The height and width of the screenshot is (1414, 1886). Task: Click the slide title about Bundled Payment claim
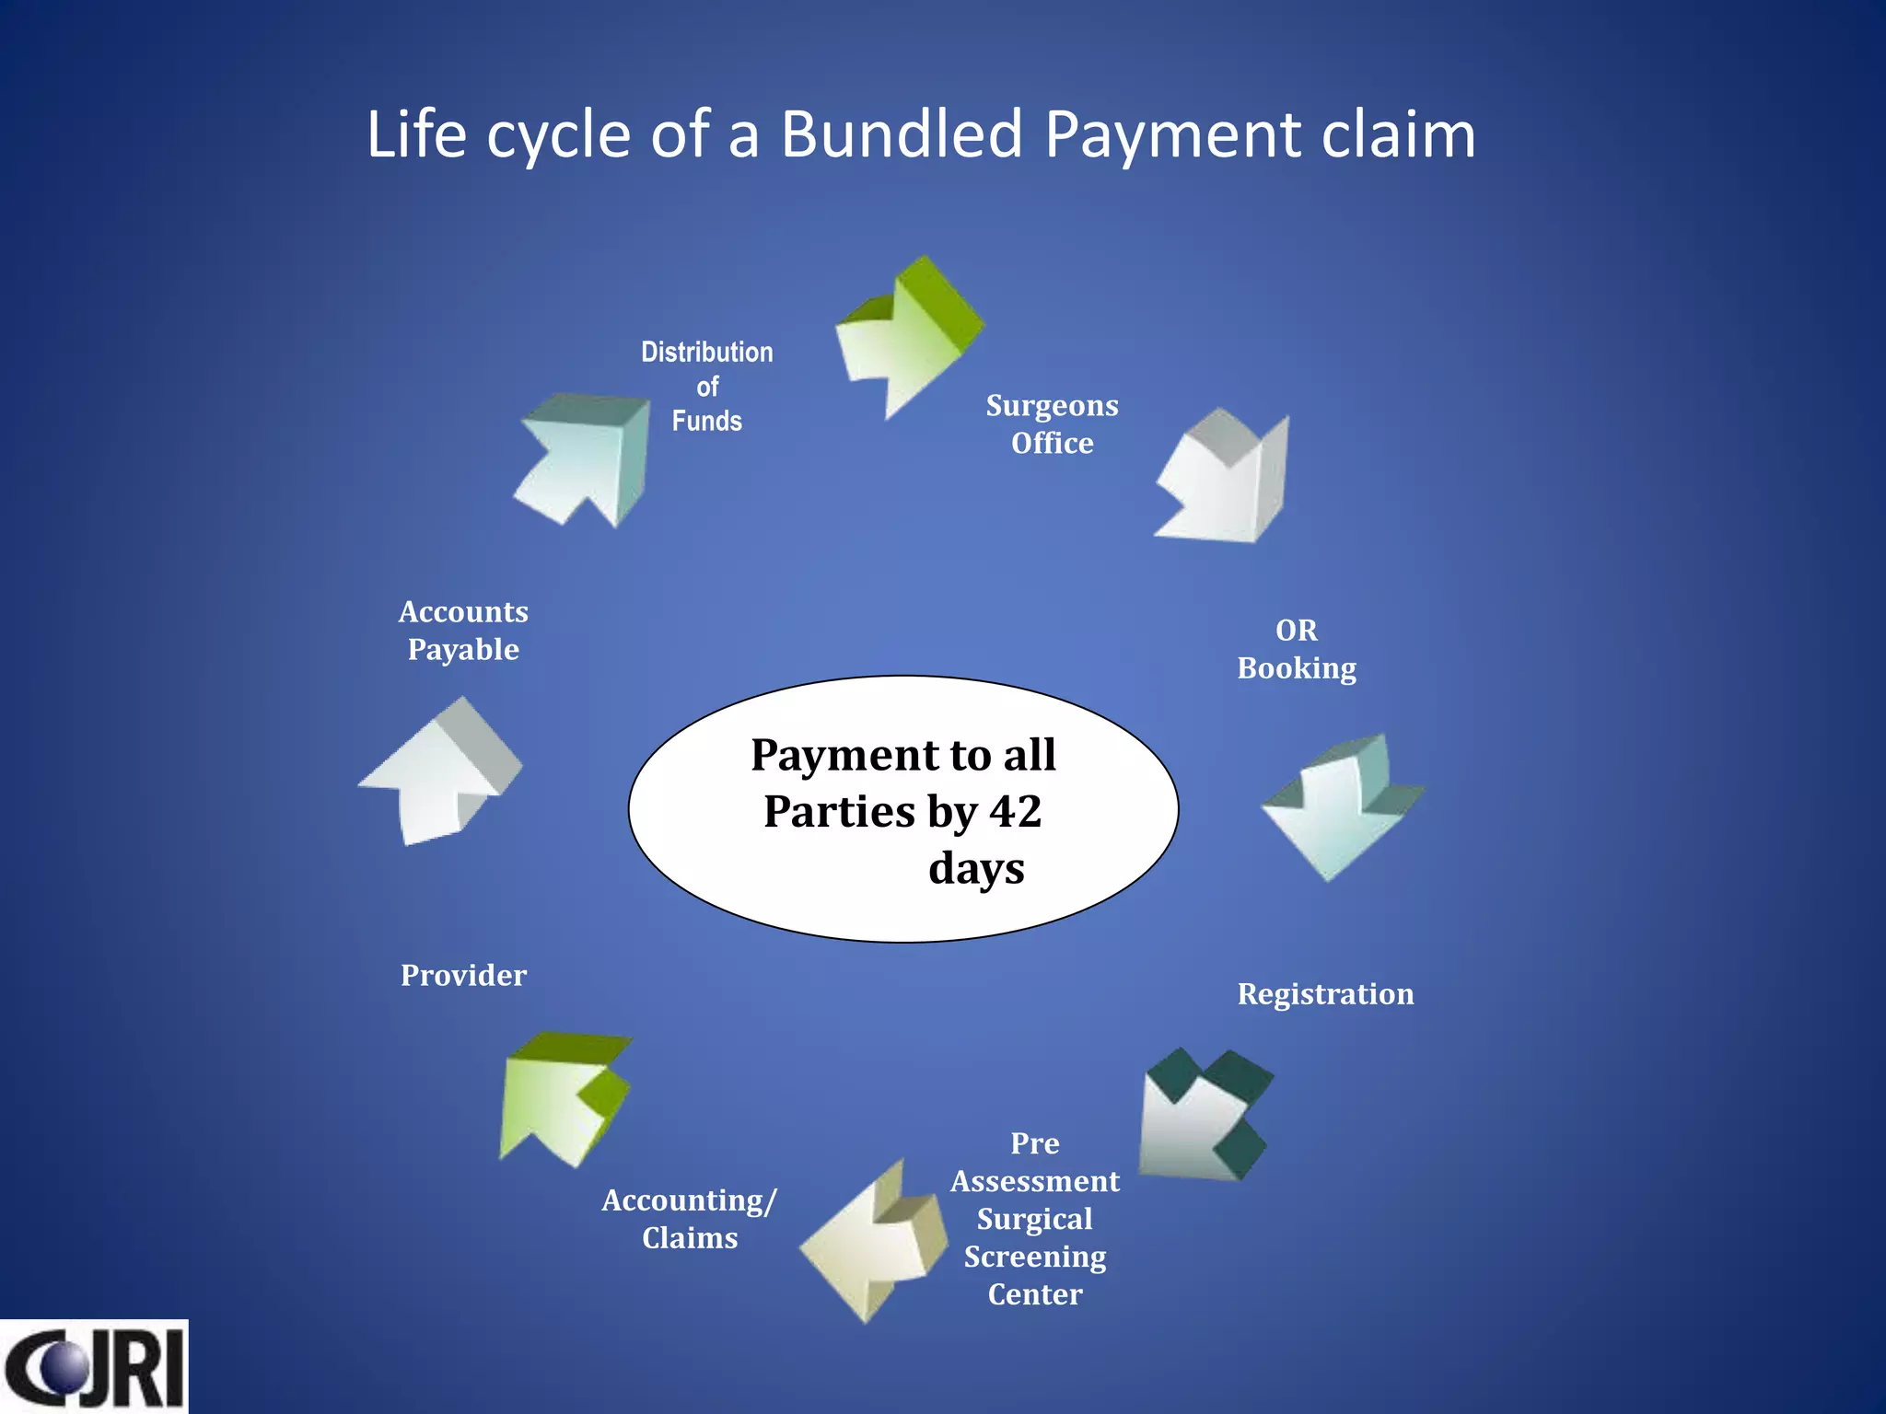pos(921,134)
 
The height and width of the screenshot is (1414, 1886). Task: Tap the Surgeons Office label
pos(1052,424)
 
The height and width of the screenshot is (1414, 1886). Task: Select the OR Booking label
pos(1297,649)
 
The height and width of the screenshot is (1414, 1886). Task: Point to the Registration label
pos(1325,994)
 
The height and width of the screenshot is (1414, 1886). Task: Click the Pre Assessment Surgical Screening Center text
pos(1035,1218)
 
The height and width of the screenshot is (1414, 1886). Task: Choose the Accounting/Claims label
pos(690,1219)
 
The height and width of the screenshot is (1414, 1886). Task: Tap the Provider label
pos(463,976)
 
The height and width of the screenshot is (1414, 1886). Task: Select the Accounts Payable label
pos(463,631)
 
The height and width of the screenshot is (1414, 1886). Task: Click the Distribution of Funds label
pos(707,387)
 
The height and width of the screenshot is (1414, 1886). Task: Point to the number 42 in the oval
pos(1016,812)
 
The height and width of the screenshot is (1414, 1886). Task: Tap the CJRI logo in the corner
pos(94,1366)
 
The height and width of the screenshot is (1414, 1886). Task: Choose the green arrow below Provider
pos(562,1095)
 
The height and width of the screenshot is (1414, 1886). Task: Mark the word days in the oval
pos(976,869)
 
